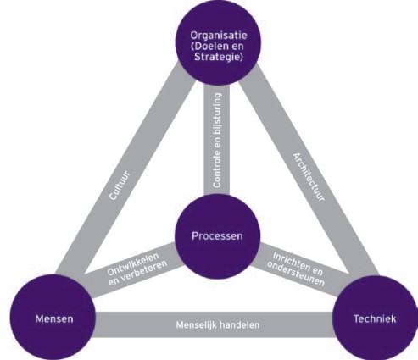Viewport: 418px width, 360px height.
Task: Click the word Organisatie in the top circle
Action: (219, 36)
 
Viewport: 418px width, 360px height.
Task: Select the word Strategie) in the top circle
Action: (219, 57)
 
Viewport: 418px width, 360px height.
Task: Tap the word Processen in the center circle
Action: (217, 235)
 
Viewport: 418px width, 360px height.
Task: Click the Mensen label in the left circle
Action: (54, 319)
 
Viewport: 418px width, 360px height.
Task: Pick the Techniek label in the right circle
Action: (375, 319)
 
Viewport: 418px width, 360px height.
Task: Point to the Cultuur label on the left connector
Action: (120, 186)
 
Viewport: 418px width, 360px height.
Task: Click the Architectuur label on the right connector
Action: (309, 177)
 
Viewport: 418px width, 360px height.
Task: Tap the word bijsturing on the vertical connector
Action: (217, 113)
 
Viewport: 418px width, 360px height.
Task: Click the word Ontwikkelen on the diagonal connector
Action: (133, 264)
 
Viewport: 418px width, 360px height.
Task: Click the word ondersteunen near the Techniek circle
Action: (296, 274)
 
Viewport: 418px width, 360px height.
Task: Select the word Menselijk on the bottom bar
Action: (197, 324)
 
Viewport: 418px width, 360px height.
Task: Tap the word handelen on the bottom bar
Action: (239, 324)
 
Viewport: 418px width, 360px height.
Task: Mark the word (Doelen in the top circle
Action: (209, 46)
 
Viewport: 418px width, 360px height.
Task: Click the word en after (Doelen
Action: (237, 47)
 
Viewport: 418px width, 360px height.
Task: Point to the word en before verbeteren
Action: (114, 281)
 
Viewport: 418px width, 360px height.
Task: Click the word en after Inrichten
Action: (317, 270)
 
